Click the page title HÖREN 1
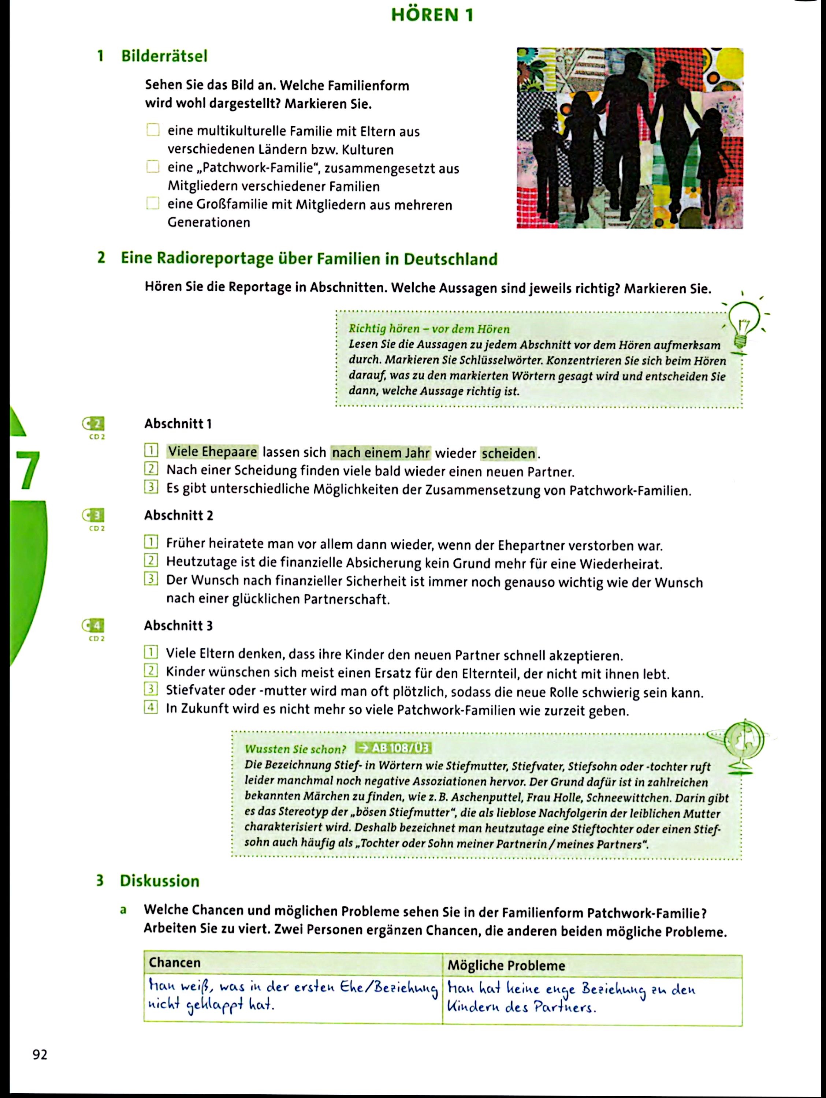pyautogui.click(x=432, y=15)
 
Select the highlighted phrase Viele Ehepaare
pyautogui.click(x=213, y=452)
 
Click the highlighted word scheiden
pyautogui.click(x=509, y=453)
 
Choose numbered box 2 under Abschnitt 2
pyautogui.click(x=150, y=561)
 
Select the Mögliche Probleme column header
pyautogui.click(x=506, y=965)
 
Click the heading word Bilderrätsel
pyautogui.click(x=164, y=56)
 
